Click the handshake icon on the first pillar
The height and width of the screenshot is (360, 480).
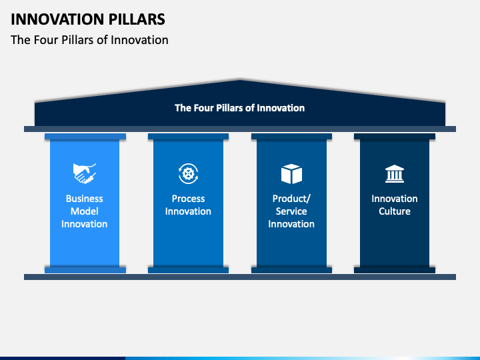coord(85,173)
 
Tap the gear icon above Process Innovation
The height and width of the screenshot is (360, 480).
coord(188,173)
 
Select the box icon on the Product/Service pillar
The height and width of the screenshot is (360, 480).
coord(291,174)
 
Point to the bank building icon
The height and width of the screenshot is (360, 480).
coord(395,174)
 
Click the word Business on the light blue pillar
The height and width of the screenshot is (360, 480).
coord(85,199)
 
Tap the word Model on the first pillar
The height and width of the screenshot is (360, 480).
coord(85,211)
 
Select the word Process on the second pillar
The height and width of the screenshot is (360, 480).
coord(188,199)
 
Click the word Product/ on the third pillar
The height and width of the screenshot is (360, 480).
coord(291,199)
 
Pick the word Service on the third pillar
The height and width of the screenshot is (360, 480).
coord(291,211)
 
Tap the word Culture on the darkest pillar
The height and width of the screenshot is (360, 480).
coord(395,211)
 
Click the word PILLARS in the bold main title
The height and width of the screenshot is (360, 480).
coord(137,19)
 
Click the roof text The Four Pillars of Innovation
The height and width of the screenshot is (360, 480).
coord(240,108)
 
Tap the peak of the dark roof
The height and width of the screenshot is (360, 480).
coord(240,80)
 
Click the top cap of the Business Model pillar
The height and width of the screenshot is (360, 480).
coord(85,137)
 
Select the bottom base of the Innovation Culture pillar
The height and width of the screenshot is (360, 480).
coord(395,270)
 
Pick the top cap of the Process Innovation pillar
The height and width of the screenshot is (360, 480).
coord(188,137)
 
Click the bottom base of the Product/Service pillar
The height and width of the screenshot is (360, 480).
coord(291,270)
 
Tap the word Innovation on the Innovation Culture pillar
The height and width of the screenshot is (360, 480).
coord(395,199)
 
